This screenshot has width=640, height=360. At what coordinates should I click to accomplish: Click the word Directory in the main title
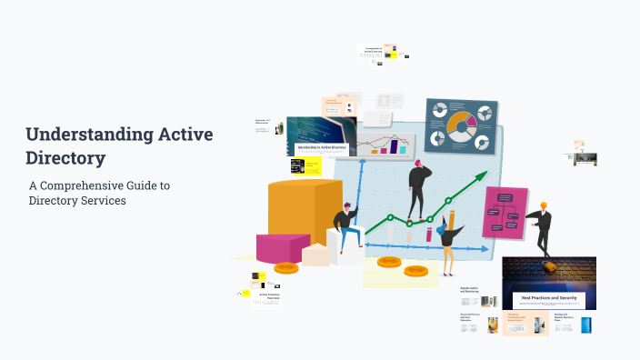(65, 157)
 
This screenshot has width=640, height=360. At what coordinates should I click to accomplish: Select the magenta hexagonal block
(282, 246)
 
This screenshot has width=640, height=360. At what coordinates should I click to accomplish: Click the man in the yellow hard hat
(543, 227)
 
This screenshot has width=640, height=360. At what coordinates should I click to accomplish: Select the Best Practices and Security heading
(550, 297)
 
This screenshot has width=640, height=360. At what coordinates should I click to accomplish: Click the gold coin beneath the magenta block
(286, 267)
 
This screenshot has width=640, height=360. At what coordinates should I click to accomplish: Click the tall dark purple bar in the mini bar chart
(395, 145)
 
